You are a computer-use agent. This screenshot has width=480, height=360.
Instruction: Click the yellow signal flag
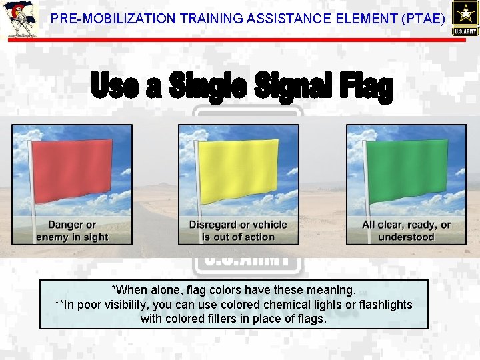(241, 171)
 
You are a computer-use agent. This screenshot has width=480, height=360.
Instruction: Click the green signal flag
(408, 171)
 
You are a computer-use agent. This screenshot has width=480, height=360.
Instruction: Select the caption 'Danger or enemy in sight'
(72, 231)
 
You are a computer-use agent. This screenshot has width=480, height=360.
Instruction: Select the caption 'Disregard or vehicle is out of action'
(238, 231)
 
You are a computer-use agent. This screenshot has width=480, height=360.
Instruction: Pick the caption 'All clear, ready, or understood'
(406, 231)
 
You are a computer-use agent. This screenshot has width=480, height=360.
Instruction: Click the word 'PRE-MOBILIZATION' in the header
(104, 19)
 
